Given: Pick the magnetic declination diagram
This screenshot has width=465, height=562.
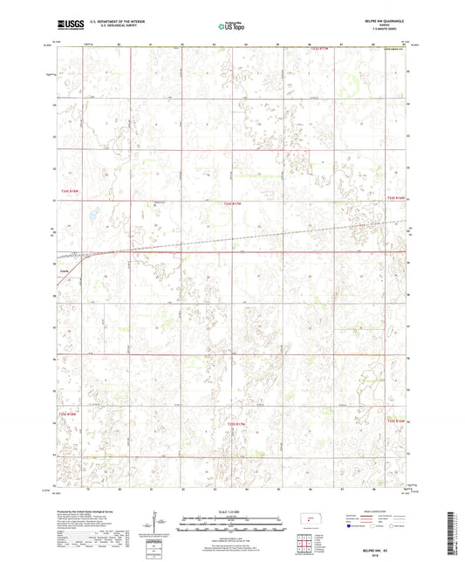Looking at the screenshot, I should tap(156, 524).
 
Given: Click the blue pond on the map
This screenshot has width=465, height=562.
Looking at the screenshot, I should tap(92, 212).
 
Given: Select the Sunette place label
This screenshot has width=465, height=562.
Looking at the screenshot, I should tap(65, 271).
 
